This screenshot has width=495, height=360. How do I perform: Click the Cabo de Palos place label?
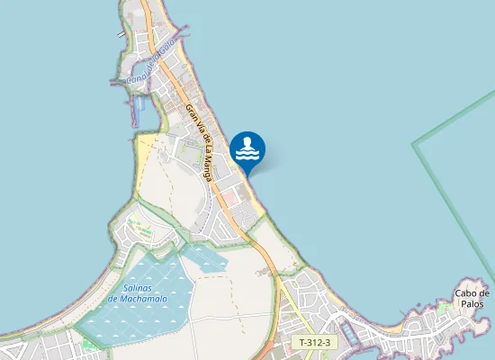coord(472,298)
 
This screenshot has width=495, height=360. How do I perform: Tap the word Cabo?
coord(466,292)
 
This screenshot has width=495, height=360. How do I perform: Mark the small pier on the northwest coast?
coord(121,34)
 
